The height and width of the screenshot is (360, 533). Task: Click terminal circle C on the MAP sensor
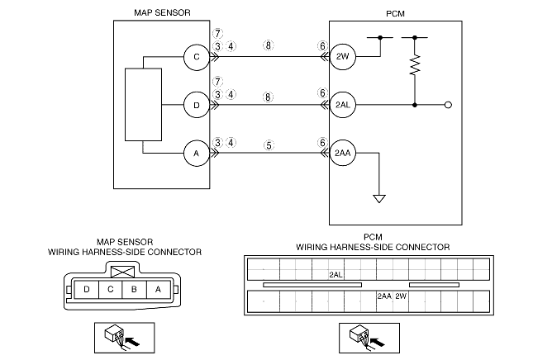click(x=197, y=58)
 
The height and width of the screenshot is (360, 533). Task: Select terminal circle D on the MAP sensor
click(x=197, y=106)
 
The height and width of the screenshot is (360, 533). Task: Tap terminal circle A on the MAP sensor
click(x=197, y=153)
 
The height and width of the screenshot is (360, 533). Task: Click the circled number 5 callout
click(x=268, y=142)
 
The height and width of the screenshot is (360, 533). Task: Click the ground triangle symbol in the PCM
click(x=379, y=197)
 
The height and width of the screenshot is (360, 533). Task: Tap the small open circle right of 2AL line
click(x=448, y=106)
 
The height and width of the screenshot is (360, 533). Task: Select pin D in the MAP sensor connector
click(x=86, y=289)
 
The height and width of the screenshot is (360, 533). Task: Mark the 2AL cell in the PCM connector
click(x=336, y=273)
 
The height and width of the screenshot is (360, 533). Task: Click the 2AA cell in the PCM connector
click(x=383, y=296)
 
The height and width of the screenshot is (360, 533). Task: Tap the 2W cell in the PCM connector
click(x=401, y=296)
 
